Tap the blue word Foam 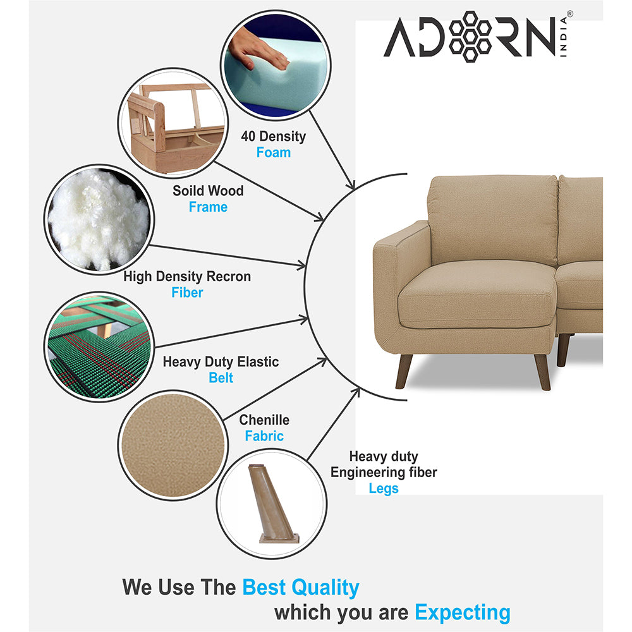[274, 152]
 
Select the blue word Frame [208, 207]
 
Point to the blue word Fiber [187, 293]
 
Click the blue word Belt [221, 378]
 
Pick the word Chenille [264, 420]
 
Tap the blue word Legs [384, 489]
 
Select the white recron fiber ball [98, 218]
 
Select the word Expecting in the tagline [462, 612]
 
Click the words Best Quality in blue [301, 587]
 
